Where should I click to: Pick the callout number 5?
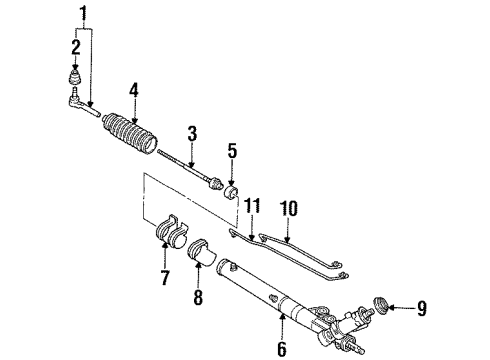(231, 152)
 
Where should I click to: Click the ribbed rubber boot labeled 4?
(130, 134)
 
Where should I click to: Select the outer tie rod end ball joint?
(79, 101)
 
